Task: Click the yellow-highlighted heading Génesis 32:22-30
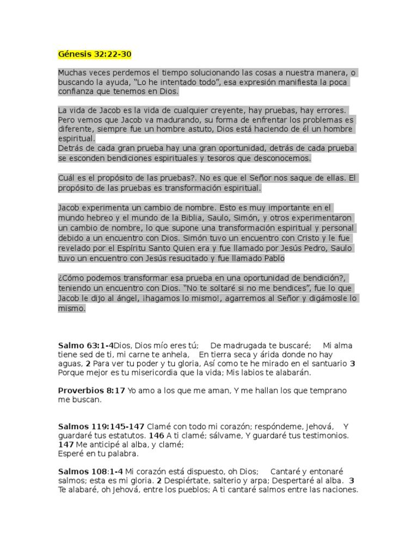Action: click(x=95, y=54)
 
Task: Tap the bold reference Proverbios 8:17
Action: click(x=91, y=391)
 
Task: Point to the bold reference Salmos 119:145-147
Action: click(x=101, y=426)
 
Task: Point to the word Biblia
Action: click(x=198, y=218)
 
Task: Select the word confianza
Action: click(x=77, y=91)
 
